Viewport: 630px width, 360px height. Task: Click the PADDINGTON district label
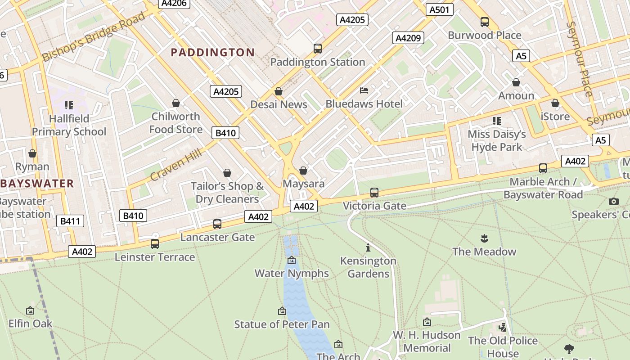pyautogui.click(x=213, y=53)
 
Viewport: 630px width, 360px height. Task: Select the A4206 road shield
pyautogui.click(x=175, y=3)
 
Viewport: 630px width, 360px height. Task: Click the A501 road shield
pyautogui.click(x=439, y=9)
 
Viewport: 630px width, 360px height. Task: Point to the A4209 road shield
pyautogui.click(x=408, y=38)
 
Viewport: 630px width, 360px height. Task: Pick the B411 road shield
pyautogui.click(x=70, y=221)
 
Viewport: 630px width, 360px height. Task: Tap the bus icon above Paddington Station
pyautogui.click(x=318, y=48)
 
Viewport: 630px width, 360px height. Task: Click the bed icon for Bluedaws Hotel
pyautogui.click(x=364, y=90)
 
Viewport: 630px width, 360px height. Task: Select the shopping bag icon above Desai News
pyautogui.click(x=279, y=92)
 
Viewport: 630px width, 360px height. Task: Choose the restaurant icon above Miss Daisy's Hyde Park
pyautogui.click(x=497, y=121)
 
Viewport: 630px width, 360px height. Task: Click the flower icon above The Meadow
pyautogui.click(x=484, y=238)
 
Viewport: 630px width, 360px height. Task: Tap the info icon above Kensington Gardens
pyautogui.click(x=368, y=247)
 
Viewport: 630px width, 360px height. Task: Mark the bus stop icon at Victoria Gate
pyautogui.click(x=374, y=193)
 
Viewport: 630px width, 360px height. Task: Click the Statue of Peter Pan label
pyautogui.click(x=282, y=324)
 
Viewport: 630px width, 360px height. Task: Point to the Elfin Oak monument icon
pyautogui.click(x=30, y=310)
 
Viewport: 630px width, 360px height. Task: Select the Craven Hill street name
pyautogui.click(x=176, y=165)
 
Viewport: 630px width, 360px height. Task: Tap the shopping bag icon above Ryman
pyautogui.click(x=32, y=153)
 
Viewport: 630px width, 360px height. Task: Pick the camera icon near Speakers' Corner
pyautogui.click(x=613, y=201)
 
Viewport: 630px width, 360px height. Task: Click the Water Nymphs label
pyautogui.click(x=292, y=273)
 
